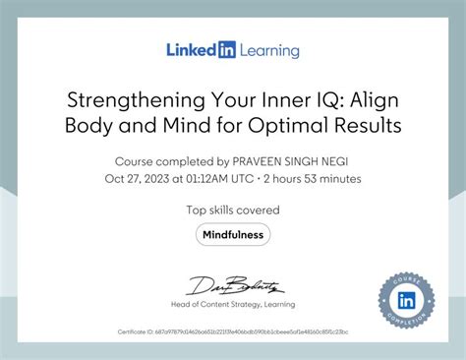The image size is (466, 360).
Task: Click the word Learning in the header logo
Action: tap(267, 49)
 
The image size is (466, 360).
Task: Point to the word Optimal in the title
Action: tap(297, 126)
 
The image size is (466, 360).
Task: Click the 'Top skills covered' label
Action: tap(233, 210)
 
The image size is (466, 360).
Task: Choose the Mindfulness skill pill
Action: tap(233, 234)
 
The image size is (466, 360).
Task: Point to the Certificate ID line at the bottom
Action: tap(233, 331)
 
